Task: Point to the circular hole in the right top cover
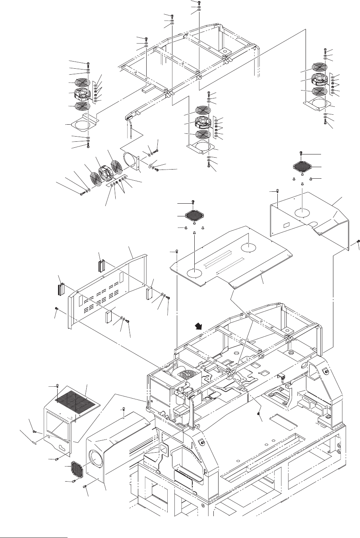coord(302,212)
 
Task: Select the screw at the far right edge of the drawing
coord(358,241)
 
